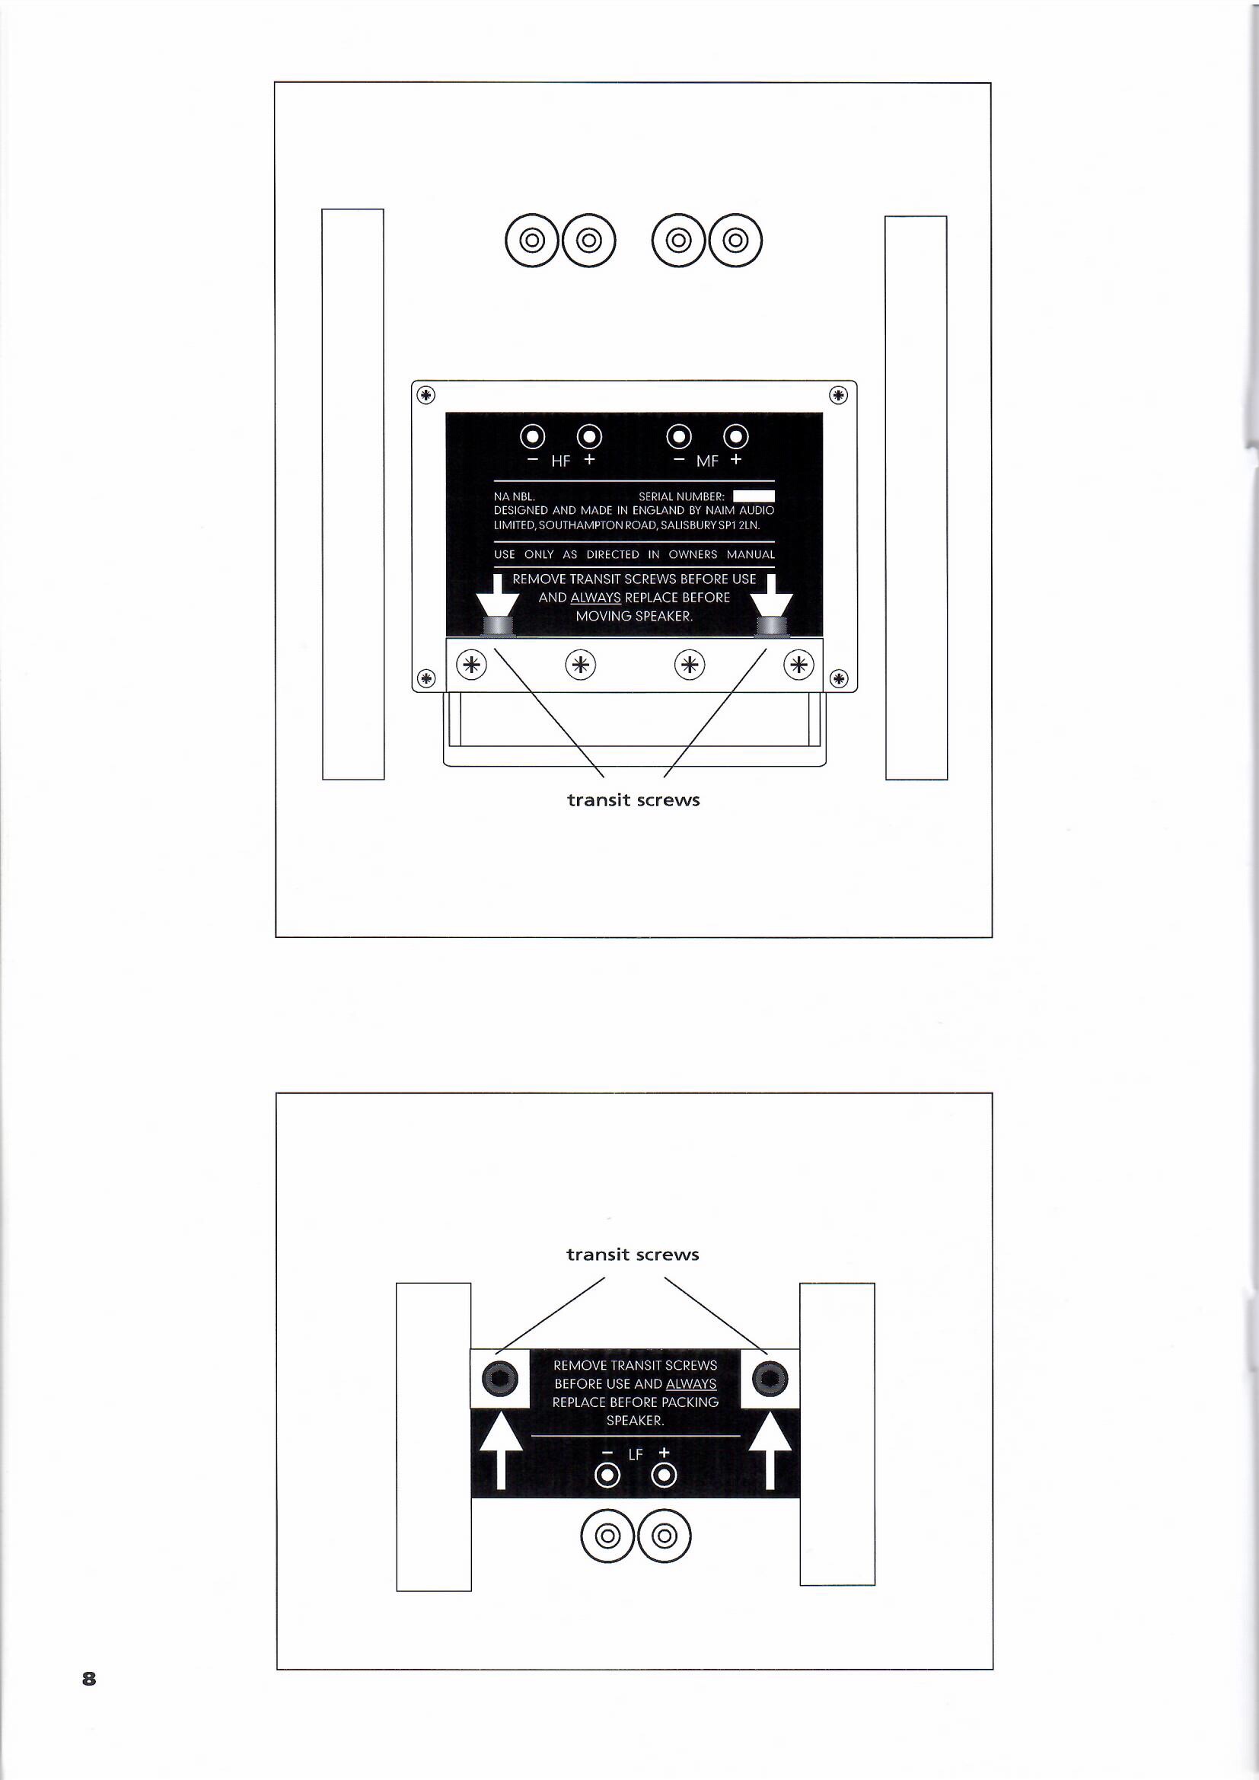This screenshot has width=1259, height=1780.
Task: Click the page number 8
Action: tap(89, 1679)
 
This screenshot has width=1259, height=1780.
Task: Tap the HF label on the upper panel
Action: tap(560, 461)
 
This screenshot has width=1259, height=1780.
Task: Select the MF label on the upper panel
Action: tap(707, 461)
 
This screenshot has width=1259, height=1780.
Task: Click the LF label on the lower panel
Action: tap(636, 1454)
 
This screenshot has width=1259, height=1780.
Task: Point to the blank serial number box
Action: tap(754, 496)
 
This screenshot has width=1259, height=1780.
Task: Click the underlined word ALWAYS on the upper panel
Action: tap(595, 598)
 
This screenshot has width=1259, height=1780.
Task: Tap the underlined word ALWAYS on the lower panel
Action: tap(691, 1384)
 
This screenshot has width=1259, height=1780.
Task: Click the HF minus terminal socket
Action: tap(533, 437)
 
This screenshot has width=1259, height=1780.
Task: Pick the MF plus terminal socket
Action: tap(736, 437)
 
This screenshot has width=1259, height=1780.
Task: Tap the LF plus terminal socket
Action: tap(665, 1475)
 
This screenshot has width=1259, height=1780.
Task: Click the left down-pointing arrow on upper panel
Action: tap(497, 595)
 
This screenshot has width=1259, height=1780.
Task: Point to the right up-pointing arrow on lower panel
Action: tap(770, 1455)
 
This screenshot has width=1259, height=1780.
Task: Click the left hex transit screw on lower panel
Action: tap(499, 1378)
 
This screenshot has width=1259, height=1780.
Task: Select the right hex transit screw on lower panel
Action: tap(770, 1378)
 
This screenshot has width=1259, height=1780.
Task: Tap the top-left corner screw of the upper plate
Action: tap(426, 395)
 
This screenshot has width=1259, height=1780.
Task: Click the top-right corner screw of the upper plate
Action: tap(839, 395)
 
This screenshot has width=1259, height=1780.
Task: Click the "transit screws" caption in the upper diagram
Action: tap(633, 800)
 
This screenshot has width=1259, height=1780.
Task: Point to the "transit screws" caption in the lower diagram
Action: tap(633, 1255)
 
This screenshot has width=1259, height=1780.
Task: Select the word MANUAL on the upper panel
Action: tap(751, 554)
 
